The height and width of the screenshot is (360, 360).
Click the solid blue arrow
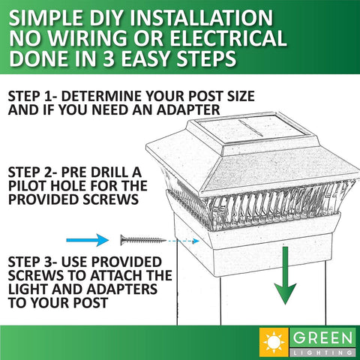tap(88, 240)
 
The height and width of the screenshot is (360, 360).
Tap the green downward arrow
tap(285, 275)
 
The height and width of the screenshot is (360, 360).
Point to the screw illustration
tap(143, 240)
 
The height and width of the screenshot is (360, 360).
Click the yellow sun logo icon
tap(274, 342)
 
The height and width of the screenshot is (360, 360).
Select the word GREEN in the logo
tap(322, 338)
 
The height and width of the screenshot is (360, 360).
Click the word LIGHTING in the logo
tap(322, 352)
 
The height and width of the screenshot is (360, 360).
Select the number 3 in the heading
tap(109, 58)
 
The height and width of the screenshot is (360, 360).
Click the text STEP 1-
tap(33, 96)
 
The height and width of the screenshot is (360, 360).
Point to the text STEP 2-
tap(33, 172)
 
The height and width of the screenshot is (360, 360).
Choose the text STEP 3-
tap(33, 262)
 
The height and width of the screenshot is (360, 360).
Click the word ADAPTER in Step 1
tap(188, 110)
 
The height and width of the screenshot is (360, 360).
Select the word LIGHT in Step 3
tap(28, 289)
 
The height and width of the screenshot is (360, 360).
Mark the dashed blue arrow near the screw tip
tap(183, 241)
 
